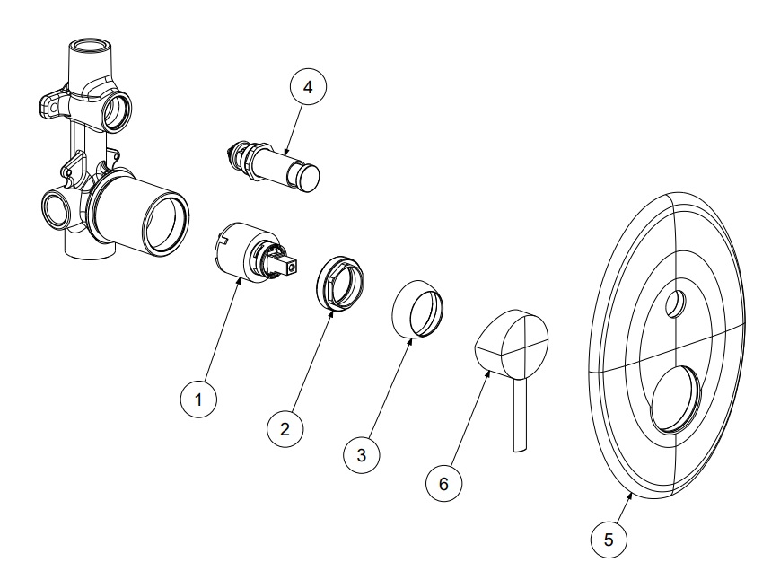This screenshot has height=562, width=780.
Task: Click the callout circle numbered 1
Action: pyautogui.click(x=198, y=399)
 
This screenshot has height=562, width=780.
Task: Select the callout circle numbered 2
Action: pyautogui.click(x=285, y=429)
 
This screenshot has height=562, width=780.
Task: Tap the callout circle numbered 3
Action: pyautogui.click(x=361, y=454)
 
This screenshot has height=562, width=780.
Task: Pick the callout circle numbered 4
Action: pyautogui.click(x=308, y=86)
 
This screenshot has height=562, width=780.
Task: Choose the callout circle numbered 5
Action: pyautogui.click(x=609, y=540)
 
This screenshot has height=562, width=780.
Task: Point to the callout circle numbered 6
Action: pyautogui.click(x=443, y=483)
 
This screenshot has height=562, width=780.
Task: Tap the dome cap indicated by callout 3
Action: pyautogui.click(x=418, y=308)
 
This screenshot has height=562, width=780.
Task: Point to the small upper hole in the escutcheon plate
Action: pyautogui.click(x=676, y=303)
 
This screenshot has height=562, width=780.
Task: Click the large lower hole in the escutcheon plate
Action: pyautogui.click(x=675, y=399)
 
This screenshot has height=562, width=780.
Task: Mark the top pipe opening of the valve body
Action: pyautogui.click(x=91, y=48)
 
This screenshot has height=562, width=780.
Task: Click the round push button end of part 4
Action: pyautogui.click(x=309, y=177)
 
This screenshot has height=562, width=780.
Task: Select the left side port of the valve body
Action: pyautogui.click(x=55, y=208)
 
